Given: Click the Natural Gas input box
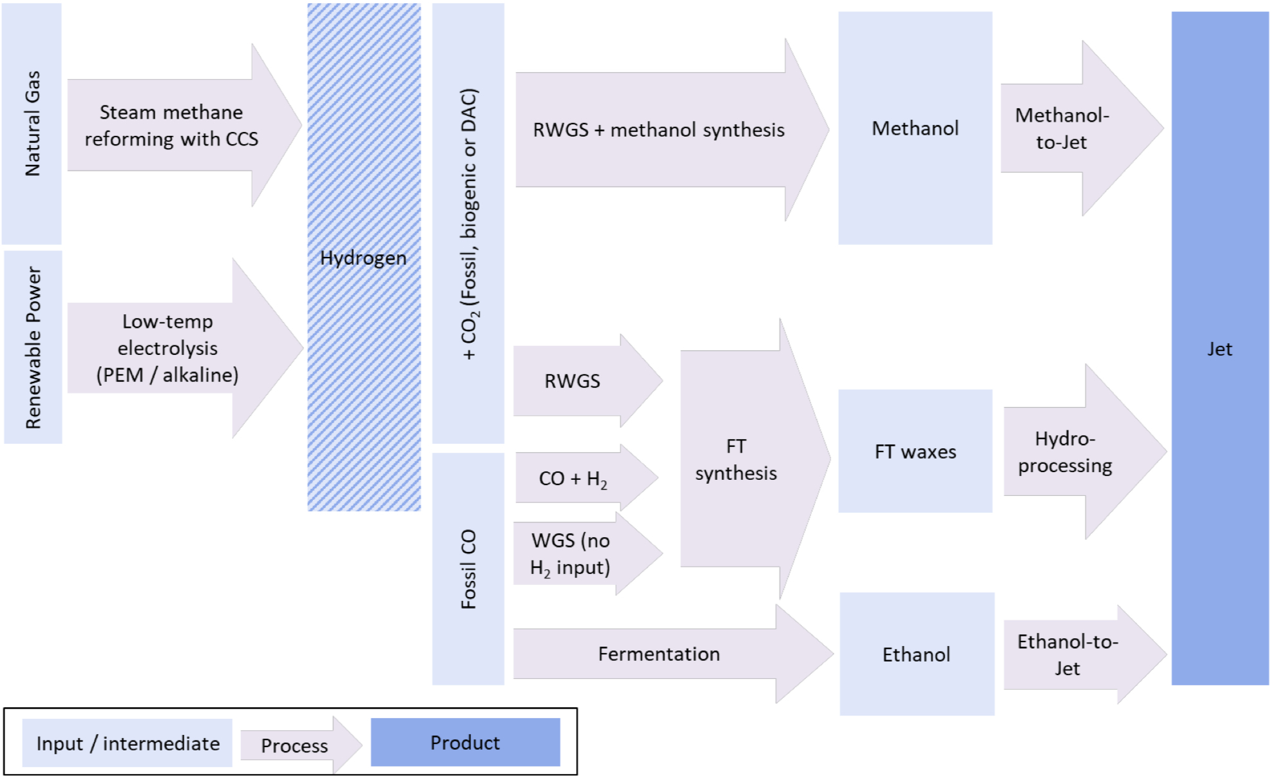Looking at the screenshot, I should (32, 123).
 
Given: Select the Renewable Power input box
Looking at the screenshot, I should (33, 347).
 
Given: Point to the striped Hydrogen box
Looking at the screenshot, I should (364, 258).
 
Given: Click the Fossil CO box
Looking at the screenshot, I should (468, 569).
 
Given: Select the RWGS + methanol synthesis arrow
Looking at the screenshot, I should (658, 130).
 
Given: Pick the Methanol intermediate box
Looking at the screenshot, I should (915, 128).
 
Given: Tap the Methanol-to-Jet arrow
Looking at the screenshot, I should (1063, 129).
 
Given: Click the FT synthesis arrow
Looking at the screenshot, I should (736, 459).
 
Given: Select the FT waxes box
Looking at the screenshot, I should (915, 451).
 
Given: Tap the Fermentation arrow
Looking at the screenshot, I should (658, 654).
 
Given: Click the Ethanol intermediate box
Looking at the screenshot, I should (916, 654).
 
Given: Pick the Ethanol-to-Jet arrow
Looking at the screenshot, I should (1068, 654).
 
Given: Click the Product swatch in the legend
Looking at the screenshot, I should (465, 743).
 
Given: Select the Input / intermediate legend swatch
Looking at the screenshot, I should (128, 743).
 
